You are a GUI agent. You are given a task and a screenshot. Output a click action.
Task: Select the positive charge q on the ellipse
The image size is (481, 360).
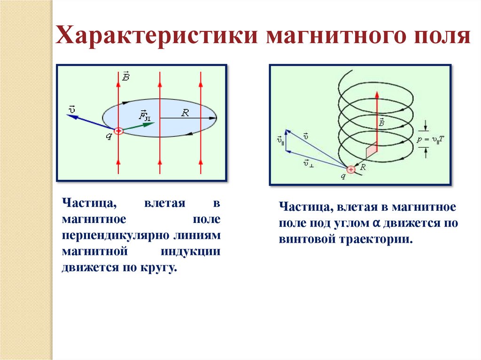pos(118,131)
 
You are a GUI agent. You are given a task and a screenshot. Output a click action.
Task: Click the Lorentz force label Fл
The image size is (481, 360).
pos(145,115)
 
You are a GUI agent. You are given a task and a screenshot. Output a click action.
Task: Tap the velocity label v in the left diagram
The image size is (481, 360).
pos(72,110)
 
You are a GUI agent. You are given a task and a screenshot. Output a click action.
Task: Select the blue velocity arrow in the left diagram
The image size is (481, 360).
pos(90,122)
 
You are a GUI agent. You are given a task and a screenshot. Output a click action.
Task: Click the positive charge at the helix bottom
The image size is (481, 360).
pos(350,169)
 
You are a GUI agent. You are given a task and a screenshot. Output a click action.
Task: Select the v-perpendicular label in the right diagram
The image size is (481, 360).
pos(309,163)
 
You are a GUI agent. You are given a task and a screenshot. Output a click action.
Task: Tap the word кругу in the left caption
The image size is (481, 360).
pos(163,268)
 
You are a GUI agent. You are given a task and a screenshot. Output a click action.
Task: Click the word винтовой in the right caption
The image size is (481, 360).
pos(306,239)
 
